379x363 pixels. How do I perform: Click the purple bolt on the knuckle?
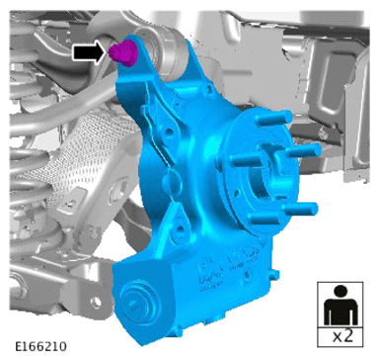point(122,52)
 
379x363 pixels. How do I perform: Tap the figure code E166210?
point(40,346)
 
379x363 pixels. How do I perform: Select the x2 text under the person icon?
point(342,336)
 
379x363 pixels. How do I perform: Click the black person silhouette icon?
point(341,305)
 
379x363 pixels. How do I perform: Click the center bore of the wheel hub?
point(265,176)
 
